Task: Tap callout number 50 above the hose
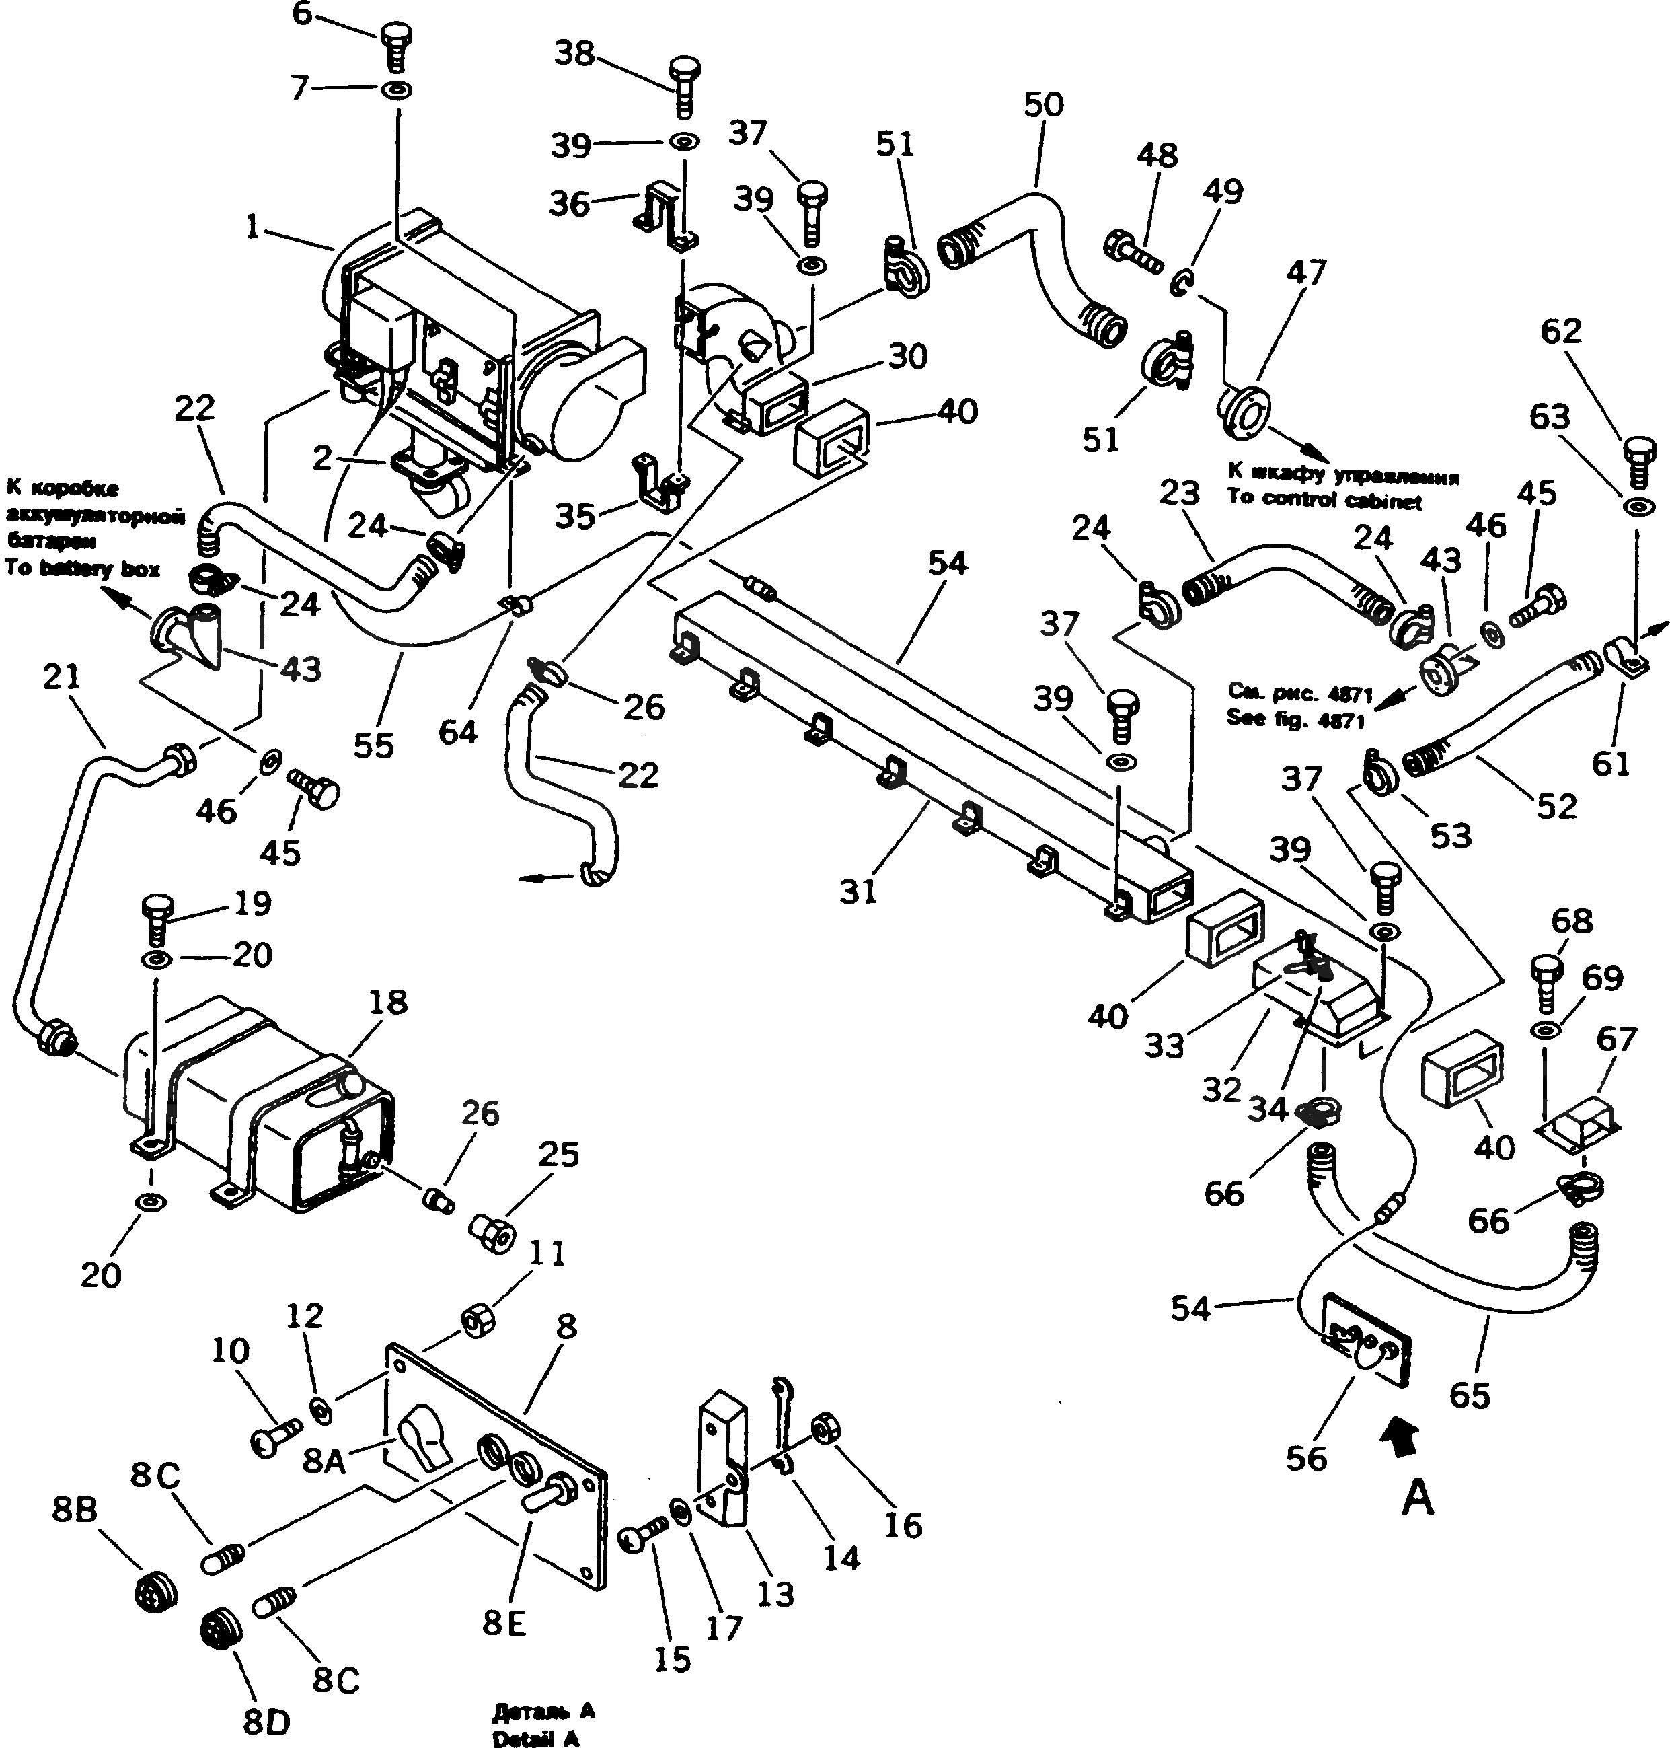point(1043,105)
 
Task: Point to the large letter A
point(1418,1498)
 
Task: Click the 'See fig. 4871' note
point(1295,719)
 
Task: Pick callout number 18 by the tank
point(387,1002)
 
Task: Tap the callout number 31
point(858,890)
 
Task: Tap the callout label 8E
point(504,1622)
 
